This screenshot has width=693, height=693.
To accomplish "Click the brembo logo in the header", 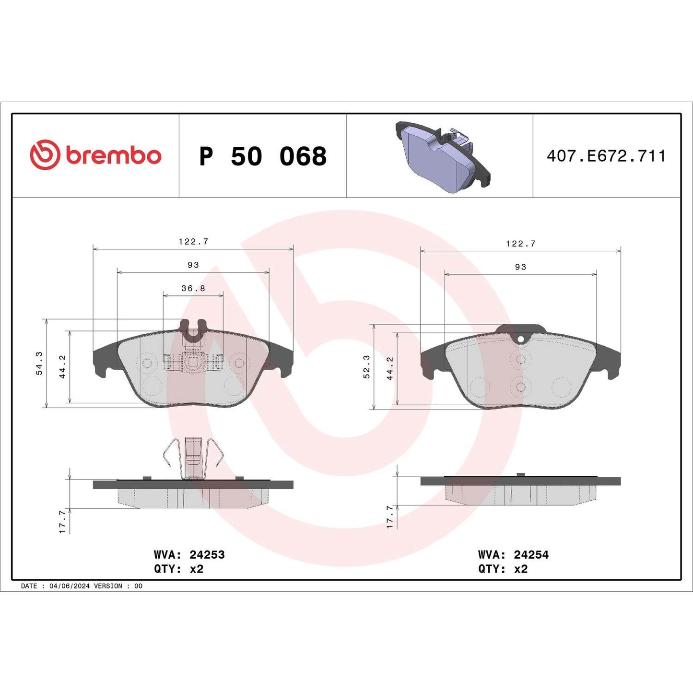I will pos(95,155).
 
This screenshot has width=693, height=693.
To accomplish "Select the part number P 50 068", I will pos(263,156).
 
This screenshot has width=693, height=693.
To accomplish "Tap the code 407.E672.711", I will pos(606,156).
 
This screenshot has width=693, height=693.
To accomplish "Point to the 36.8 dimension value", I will pos(193,288).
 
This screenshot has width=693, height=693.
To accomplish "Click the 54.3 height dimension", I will pos(39,363).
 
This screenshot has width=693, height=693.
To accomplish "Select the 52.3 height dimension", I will pos(367,366).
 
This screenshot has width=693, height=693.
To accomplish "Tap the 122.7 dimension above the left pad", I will pos(193,242).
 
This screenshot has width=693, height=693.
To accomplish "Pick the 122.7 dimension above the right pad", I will pos(521,244).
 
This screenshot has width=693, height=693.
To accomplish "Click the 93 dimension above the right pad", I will pos(521,267).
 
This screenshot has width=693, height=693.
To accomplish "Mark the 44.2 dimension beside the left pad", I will pos(63,367).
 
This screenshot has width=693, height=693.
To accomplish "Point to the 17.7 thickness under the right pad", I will pos(389,517).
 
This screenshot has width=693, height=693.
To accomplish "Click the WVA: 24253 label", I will pos(189,555).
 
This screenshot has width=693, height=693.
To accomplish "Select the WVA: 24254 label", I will pos(513,555).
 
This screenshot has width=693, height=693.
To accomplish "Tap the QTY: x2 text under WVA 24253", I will pos(178,569).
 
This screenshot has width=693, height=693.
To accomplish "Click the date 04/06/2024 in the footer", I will pos(69,586).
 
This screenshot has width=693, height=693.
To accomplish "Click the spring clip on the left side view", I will pos(193,458).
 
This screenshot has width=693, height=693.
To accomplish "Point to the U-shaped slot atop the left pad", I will pos(193,330).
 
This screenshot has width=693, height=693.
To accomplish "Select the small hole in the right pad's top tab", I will pos(521,339).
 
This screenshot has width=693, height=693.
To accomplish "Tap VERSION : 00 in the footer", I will pos(118,586).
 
